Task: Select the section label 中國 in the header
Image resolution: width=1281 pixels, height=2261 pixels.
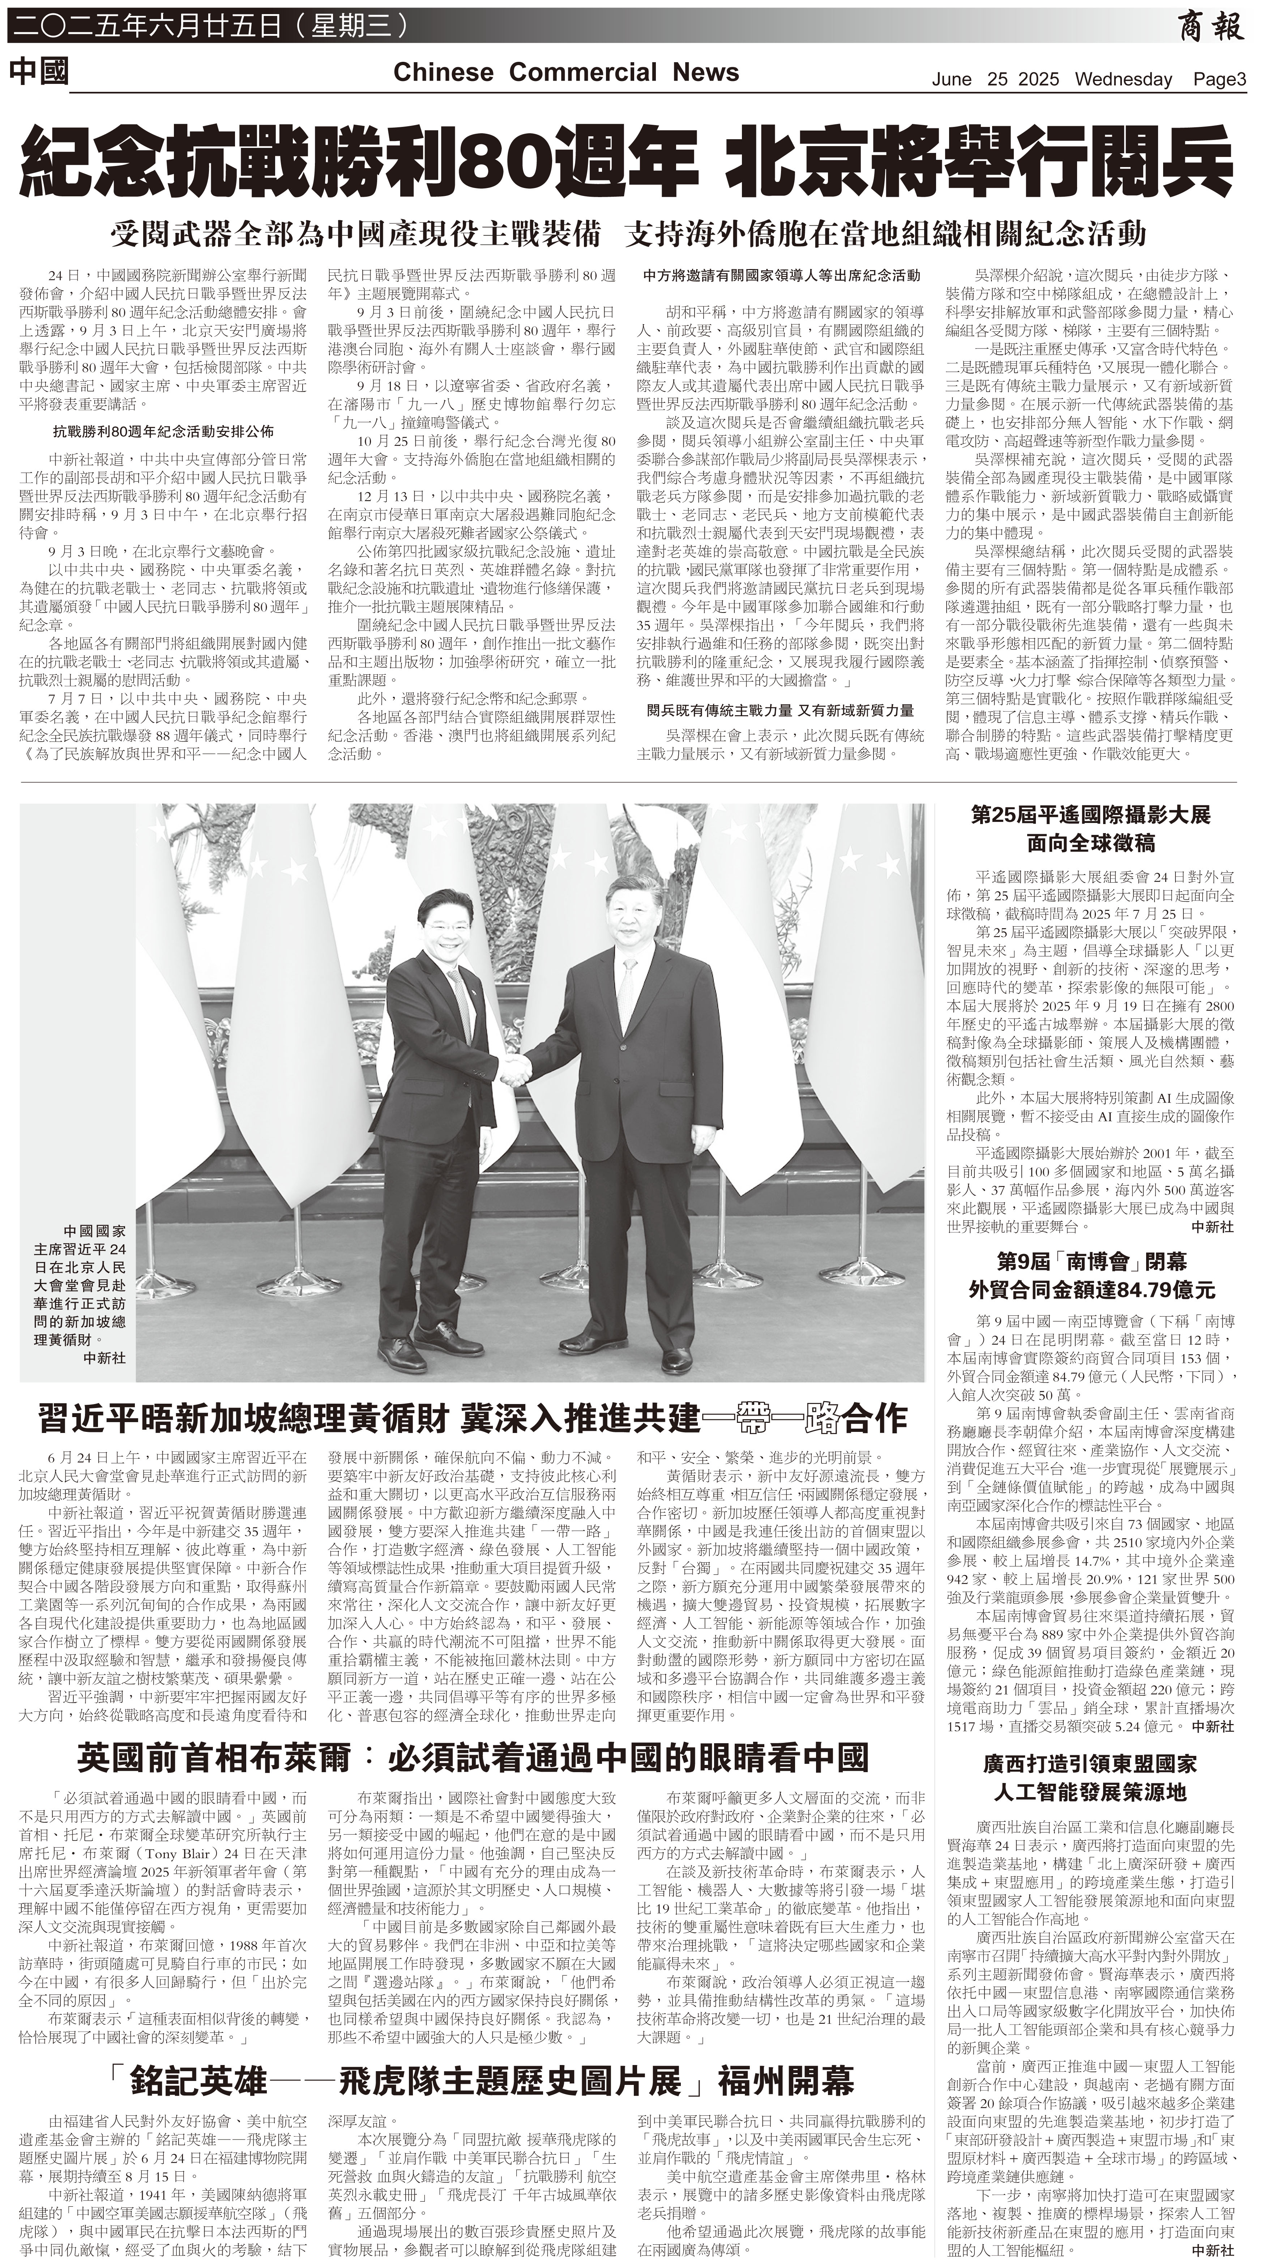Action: point(40,72)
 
